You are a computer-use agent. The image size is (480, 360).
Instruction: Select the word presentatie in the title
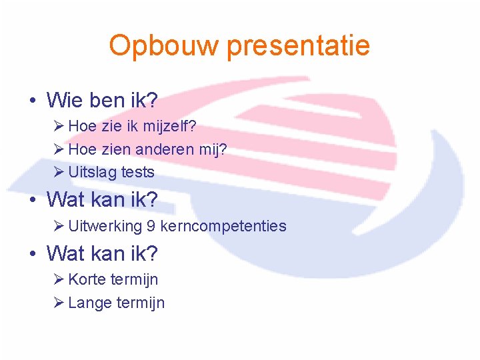[298, 46]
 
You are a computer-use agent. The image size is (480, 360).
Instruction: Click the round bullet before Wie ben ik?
[32, 101]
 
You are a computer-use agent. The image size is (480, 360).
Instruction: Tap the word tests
[137, 172]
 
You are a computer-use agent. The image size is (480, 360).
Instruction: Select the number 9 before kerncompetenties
[151, 226]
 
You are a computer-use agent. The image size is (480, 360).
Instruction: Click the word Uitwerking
[105, 226]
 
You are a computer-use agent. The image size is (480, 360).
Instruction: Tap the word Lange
[90, 303]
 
